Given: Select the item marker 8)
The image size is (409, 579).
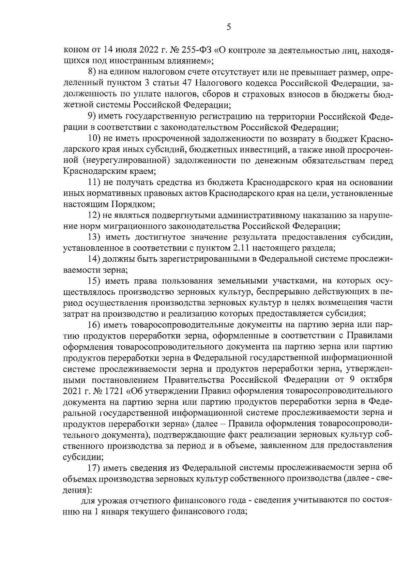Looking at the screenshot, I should (x=92, y=73).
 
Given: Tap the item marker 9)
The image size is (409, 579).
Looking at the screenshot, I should (x=92, y=117).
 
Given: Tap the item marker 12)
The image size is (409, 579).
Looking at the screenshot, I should (x=94, y=216).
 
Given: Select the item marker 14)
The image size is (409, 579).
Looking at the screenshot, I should (x=94, y=260).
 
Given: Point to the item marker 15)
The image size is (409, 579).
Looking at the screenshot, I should (x=94, y=281).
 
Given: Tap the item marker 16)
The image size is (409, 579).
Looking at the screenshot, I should (x=94, y=325).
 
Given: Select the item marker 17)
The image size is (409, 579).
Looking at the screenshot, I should (x=94, y=468).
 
